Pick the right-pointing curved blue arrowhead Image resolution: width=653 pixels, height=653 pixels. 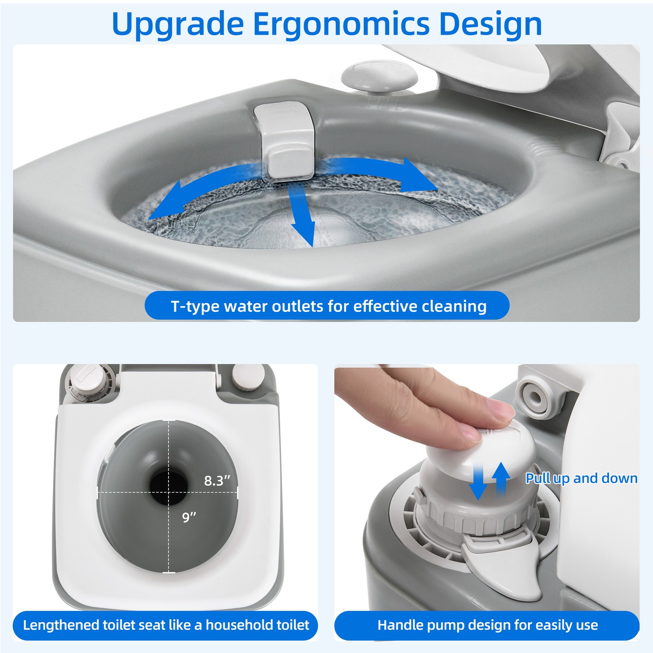[x=420, y=175]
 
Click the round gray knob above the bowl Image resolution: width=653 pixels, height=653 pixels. [x=380, y=77]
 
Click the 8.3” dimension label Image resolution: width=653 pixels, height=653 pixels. [x=217, y=481]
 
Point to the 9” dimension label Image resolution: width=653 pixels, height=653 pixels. [x=189, y=518]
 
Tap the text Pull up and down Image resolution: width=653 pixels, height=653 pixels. [x=581, y=478]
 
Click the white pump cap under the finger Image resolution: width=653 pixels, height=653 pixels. [x=480, y=449]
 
